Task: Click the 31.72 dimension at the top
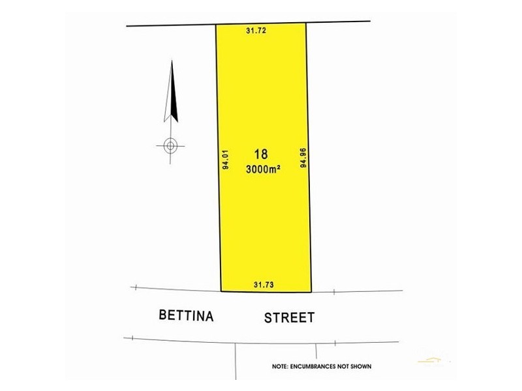257,30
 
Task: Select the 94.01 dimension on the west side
225,160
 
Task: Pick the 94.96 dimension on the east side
303,158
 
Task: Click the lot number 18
261,154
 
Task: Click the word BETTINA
187,316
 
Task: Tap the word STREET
289,318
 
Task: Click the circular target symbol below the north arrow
170,145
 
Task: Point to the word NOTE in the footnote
279,367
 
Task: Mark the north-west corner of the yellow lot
216,25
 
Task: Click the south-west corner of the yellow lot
221,291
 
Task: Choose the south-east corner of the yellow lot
311,292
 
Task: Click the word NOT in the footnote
348,367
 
